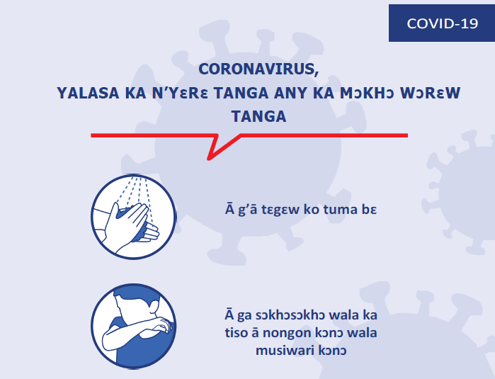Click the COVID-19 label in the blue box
[443, 23]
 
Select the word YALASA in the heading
[88, 93]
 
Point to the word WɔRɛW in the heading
[431, 93]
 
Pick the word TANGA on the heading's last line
[259, 116]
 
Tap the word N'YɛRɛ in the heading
[180, 93]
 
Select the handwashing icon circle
[134, 217]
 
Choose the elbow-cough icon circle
[134, 326]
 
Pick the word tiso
[236, 332]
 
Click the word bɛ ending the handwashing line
[369, 210]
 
